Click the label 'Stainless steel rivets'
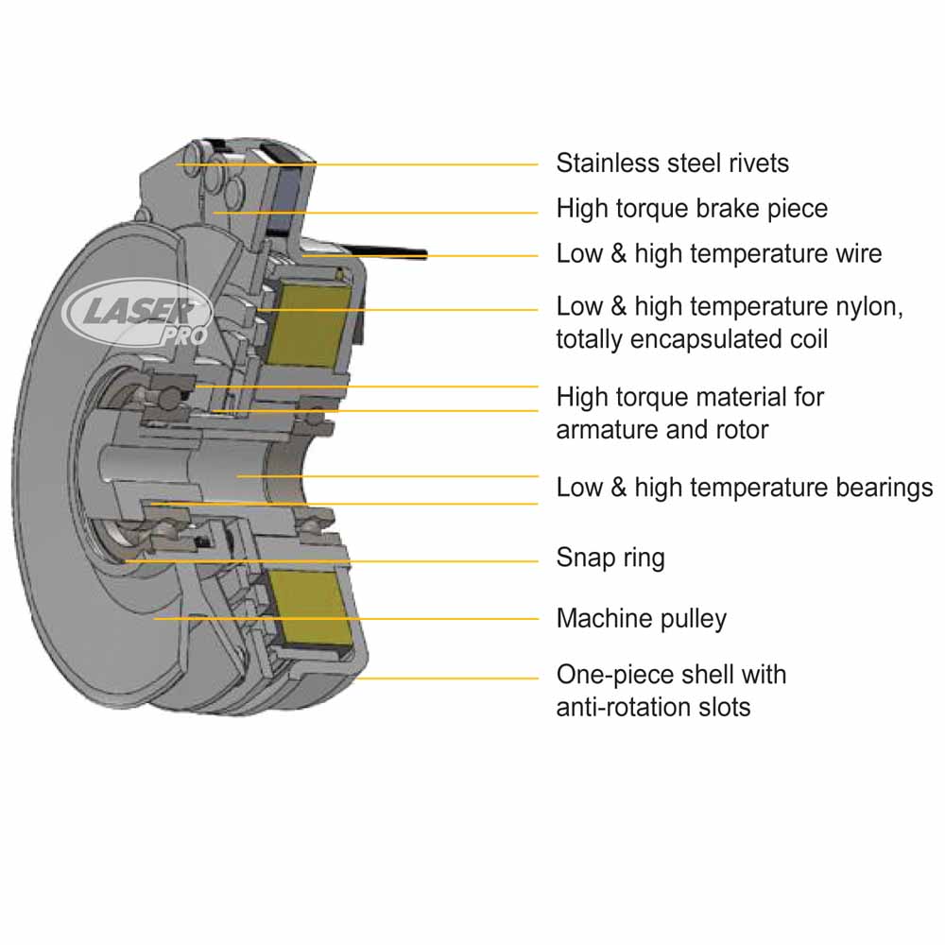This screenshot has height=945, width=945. pos(672,163)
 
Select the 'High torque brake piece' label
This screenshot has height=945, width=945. pos(692,208)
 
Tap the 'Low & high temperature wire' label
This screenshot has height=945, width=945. pos(718,253)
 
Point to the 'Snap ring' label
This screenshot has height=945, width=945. pos(610,558)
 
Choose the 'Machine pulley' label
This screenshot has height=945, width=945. pos(642,619)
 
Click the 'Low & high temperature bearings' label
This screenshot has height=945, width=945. pos(744,488)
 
